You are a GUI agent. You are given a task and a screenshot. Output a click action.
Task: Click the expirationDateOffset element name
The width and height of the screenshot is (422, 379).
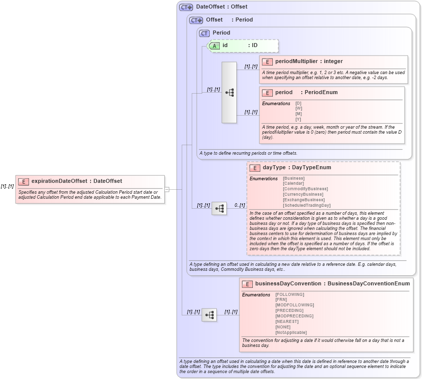(59, 181)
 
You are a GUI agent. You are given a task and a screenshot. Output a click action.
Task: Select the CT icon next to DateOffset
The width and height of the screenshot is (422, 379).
(186, 7)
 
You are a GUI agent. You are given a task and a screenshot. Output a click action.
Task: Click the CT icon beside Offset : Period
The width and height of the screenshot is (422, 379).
(196, 20)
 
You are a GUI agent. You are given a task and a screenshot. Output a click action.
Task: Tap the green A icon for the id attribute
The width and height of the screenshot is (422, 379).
(214, 46)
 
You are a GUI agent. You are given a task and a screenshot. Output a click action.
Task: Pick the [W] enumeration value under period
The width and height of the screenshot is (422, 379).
(298, 109)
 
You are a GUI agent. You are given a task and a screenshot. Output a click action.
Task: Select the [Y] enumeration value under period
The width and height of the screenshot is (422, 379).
(298, 120)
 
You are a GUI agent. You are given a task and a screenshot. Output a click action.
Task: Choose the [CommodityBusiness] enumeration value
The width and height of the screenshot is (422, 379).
(305, 189)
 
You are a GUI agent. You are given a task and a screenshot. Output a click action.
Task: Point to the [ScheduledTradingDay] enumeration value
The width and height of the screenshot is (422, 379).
(306, 206)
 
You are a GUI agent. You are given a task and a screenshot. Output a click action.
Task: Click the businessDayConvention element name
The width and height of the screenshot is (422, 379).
(288, 284)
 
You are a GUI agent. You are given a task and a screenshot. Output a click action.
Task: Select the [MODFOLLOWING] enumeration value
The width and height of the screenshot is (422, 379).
(294, 305)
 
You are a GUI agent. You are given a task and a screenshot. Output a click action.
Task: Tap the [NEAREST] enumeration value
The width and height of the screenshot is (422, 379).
(287, 321)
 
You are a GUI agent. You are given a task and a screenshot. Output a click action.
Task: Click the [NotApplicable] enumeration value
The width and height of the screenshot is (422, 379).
(291, 332)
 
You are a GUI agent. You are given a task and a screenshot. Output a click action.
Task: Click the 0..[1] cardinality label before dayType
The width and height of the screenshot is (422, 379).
(239, 205)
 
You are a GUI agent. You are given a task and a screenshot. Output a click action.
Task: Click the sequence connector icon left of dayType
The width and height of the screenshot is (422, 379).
(219, 209)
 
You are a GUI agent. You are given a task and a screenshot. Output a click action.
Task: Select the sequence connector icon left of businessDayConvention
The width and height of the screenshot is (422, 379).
(209, 315)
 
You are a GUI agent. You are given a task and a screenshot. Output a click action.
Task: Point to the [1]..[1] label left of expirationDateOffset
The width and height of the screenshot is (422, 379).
(7, 186)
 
